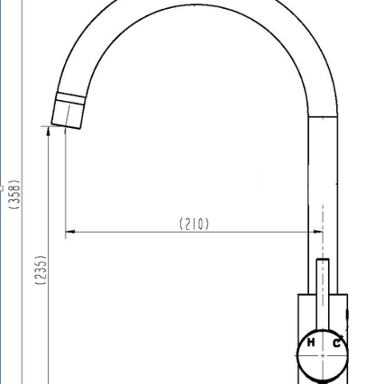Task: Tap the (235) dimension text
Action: (40, 272)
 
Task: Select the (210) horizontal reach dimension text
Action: (194, 224)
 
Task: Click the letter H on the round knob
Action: (310, 343)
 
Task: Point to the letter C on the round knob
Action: (337, 343)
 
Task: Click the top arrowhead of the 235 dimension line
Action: (50, 137)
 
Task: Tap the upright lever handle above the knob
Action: (323, 288)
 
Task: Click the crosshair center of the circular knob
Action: (323, 344)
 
